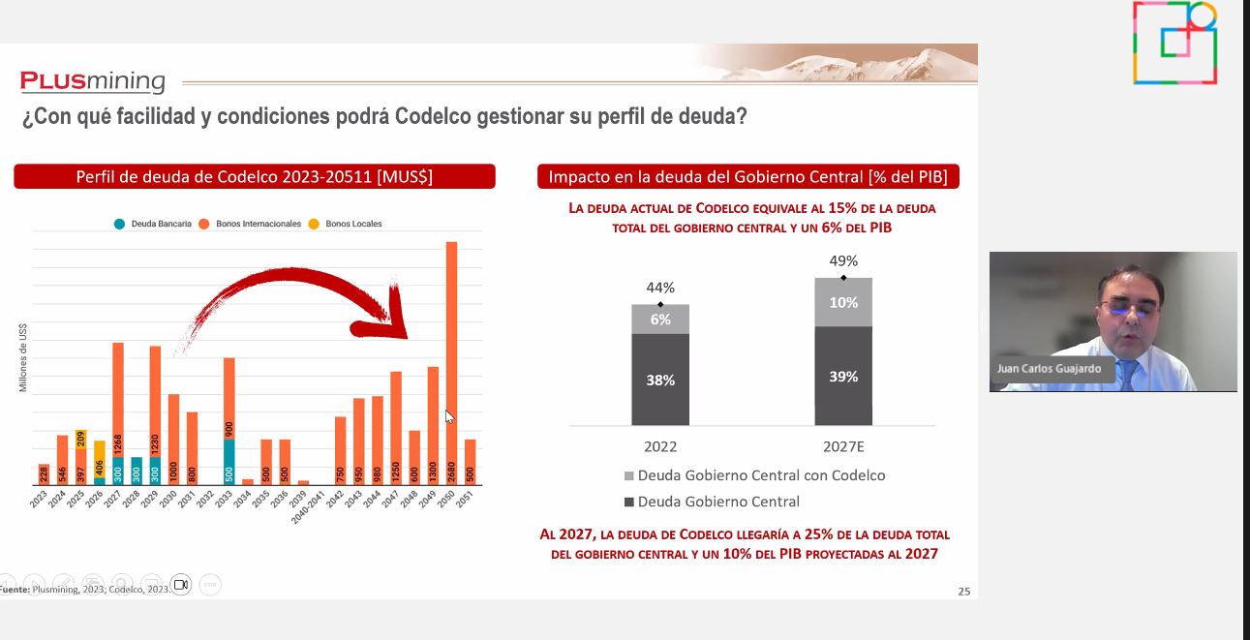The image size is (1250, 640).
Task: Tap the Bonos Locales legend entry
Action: point(346,224)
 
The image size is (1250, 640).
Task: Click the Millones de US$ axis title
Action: point(23,357)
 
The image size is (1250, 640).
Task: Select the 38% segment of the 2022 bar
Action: point(660,380)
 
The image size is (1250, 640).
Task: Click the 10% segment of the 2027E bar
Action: point(843,302)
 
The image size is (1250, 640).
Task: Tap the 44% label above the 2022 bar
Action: point(660,288)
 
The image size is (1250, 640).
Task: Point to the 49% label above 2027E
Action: point(843,260)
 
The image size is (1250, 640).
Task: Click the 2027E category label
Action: point(843,446)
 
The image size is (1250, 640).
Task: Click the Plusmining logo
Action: point(93,81)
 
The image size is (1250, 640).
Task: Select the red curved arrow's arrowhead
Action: point(392,320)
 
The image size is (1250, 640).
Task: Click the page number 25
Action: point(963,592)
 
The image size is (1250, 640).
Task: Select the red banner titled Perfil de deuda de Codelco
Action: point(254,176)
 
